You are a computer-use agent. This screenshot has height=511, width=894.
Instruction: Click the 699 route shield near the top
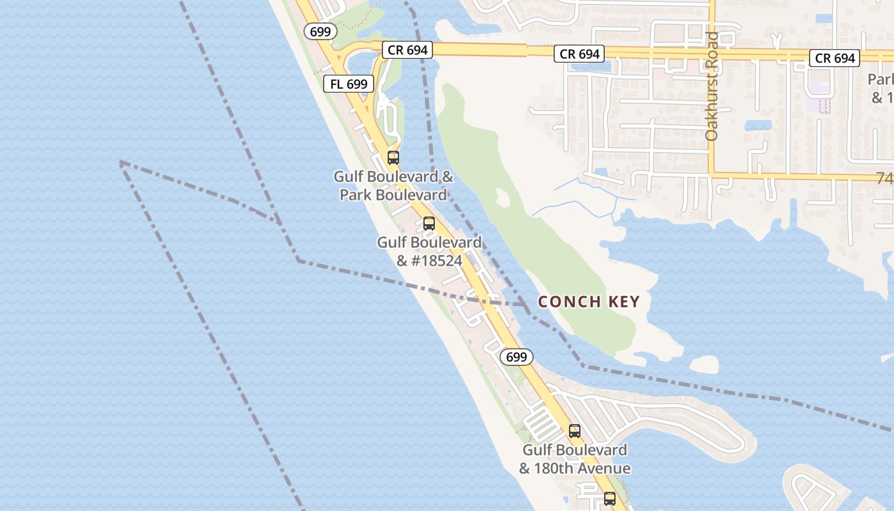tap(320, 31)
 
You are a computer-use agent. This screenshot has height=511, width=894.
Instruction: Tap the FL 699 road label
tap(348, 83)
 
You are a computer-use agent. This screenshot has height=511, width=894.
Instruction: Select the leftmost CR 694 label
tap(407, 50)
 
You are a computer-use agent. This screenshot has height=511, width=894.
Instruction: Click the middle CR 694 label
tap(579, 54)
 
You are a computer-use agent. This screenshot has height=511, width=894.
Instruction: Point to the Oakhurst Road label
tap(711, 86)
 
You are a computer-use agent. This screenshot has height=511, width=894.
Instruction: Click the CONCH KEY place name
tap(589, 301)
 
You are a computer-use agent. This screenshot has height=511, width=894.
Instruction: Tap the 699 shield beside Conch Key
tap(515, 357)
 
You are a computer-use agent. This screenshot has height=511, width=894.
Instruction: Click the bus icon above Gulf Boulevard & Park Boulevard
tap(393, 158)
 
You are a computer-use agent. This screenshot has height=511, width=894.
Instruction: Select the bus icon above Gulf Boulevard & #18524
tap(429, 224)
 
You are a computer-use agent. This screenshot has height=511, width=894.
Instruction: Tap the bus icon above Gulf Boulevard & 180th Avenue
tap(574, 431)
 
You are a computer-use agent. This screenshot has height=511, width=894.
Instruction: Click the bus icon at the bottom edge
tap(610, 499)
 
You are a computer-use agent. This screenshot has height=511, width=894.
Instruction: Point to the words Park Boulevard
tap(393, 194)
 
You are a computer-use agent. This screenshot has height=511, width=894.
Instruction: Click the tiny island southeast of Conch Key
tap(705, 365)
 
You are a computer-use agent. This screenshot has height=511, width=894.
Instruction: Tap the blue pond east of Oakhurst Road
tap(757, 125)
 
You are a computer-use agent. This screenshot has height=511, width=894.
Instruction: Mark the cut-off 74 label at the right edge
tap(885, 178)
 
